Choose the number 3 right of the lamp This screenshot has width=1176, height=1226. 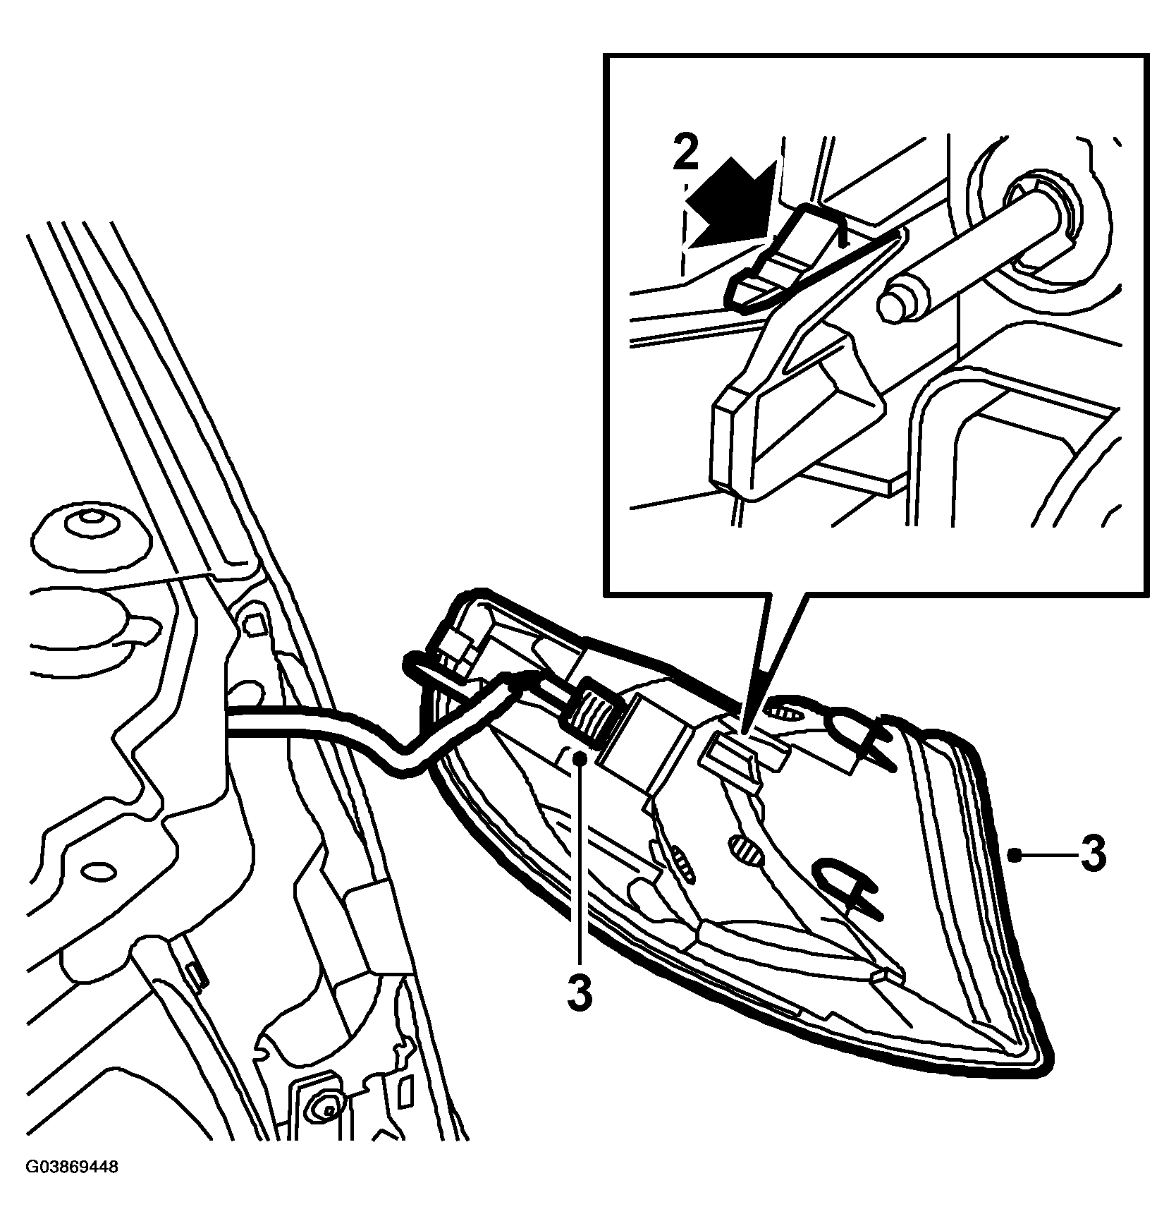[1092, 854]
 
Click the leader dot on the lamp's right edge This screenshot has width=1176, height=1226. [1013, 855]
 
